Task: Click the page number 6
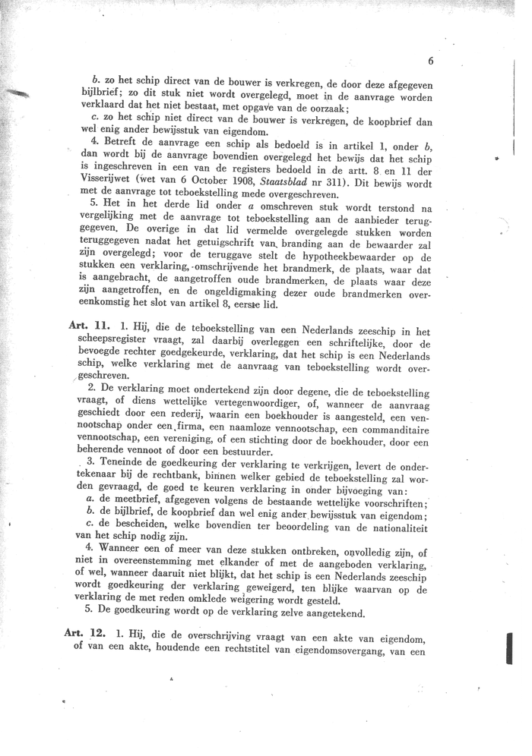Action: tap(430, 61)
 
